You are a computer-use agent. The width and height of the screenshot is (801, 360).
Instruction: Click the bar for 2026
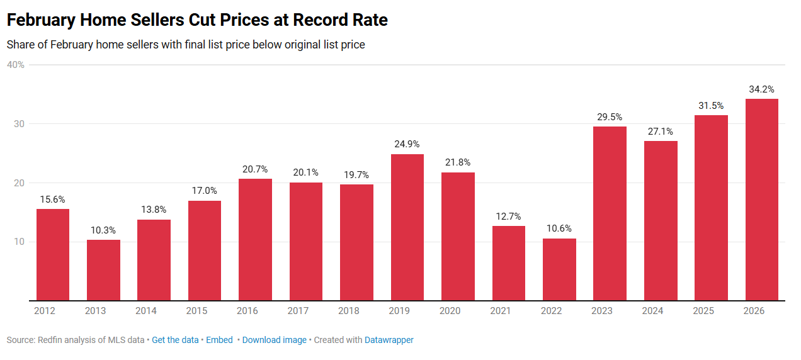pos(761,200)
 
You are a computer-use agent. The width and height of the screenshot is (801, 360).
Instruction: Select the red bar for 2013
pos(103,270)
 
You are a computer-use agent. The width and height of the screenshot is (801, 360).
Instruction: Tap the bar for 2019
pos(407,227)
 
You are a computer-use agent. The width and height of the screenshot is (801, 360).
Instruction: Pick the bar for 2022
pos(559,269)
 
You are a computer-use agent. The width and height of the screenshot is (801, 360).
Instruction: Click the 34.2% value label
pos(761,89)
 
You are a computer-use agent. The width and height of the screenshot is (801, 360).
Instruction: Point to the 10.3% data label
pos(103,230)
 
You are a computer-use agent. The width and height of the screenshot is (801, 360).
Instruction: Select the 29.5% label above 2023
pos(610,117)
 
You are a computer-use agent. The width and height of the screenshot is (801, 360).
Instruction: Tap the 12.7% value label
pos(508,217)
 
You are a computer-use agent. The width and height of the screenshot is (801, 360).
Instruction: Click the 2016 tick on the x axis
pos(255,311)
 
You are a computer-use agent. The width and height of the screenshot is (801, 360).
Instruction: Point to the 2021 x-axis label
pos(508,311)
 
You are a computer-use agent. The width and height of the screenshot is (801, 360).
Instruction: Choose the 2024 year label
pos(661,311)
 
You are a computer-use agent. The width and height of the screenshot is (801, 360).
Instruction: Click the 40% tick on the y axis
pos(16,65)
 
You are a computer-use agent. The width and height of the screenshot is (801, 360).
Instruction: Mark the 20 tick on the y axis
pos(19,183)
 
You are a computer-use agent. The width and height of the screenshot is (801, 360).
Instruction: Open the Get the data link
pos(175,340)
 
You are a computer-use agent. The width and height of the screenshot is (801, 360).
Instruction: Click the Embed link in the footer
pos(219,340)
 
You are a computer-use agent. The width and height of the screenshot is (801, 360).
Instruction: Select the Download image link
pos(274,340)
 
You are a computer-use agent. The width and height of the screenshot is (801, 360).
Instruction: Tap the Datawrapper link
pos(389,340)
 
